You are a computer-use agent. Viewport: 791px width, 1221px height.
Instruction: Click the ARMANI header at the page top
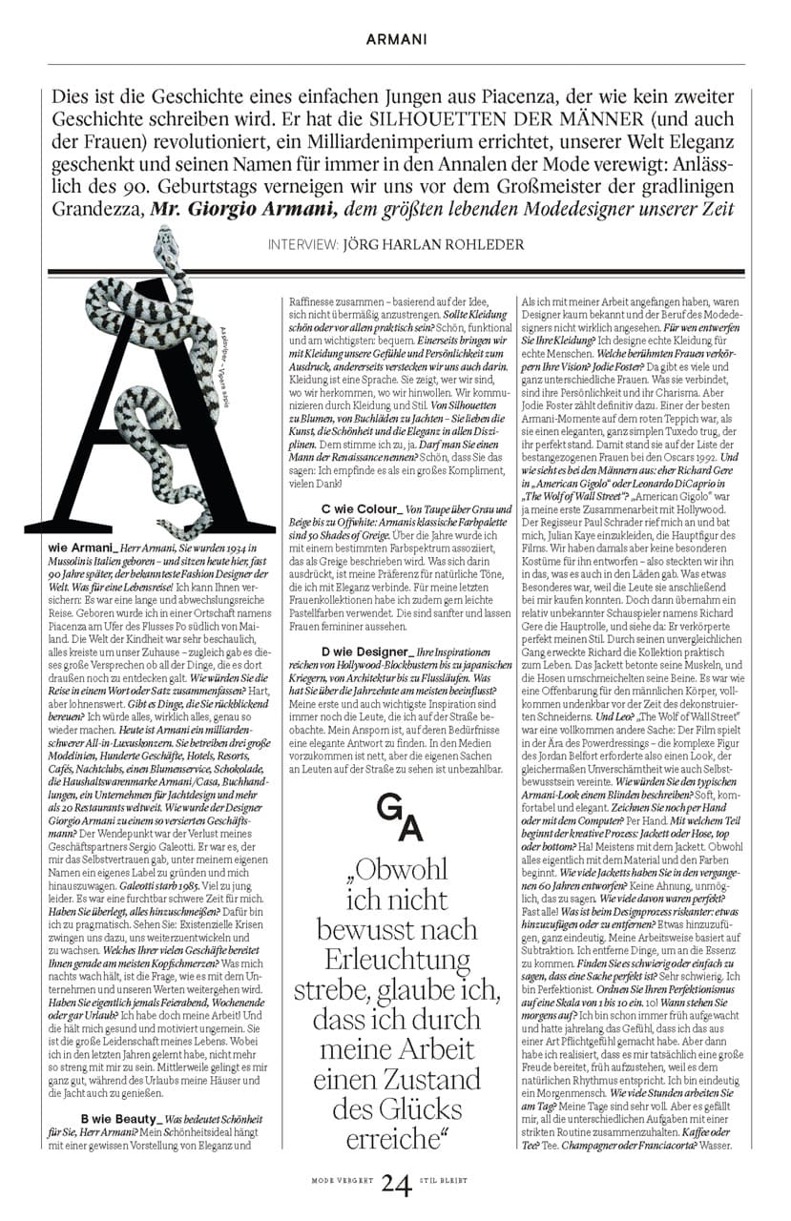[396, 40]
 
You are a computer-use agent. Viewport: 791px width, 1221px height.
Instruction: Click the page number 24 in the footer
[396, 1185]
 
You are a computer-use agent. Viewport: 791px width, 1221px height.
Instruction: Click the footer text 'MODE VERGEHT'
[340, 1180]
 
